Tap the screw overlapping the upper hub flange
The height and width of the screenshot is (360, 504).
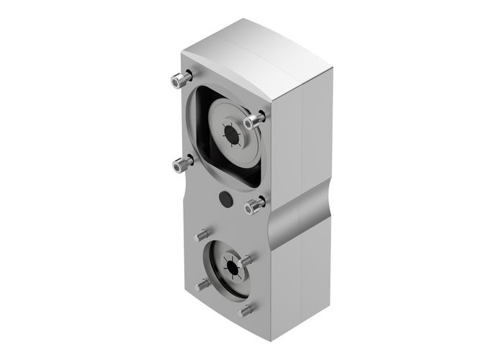(x=253, y=121)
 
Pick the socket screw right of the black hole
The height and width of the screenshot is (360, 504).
(x=254, y=207)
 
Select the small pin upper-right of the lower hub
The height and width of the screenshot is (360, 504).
(x=246, y=258)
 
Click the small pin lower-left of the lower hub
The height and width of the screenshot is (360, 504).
(x=202, y=284)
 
